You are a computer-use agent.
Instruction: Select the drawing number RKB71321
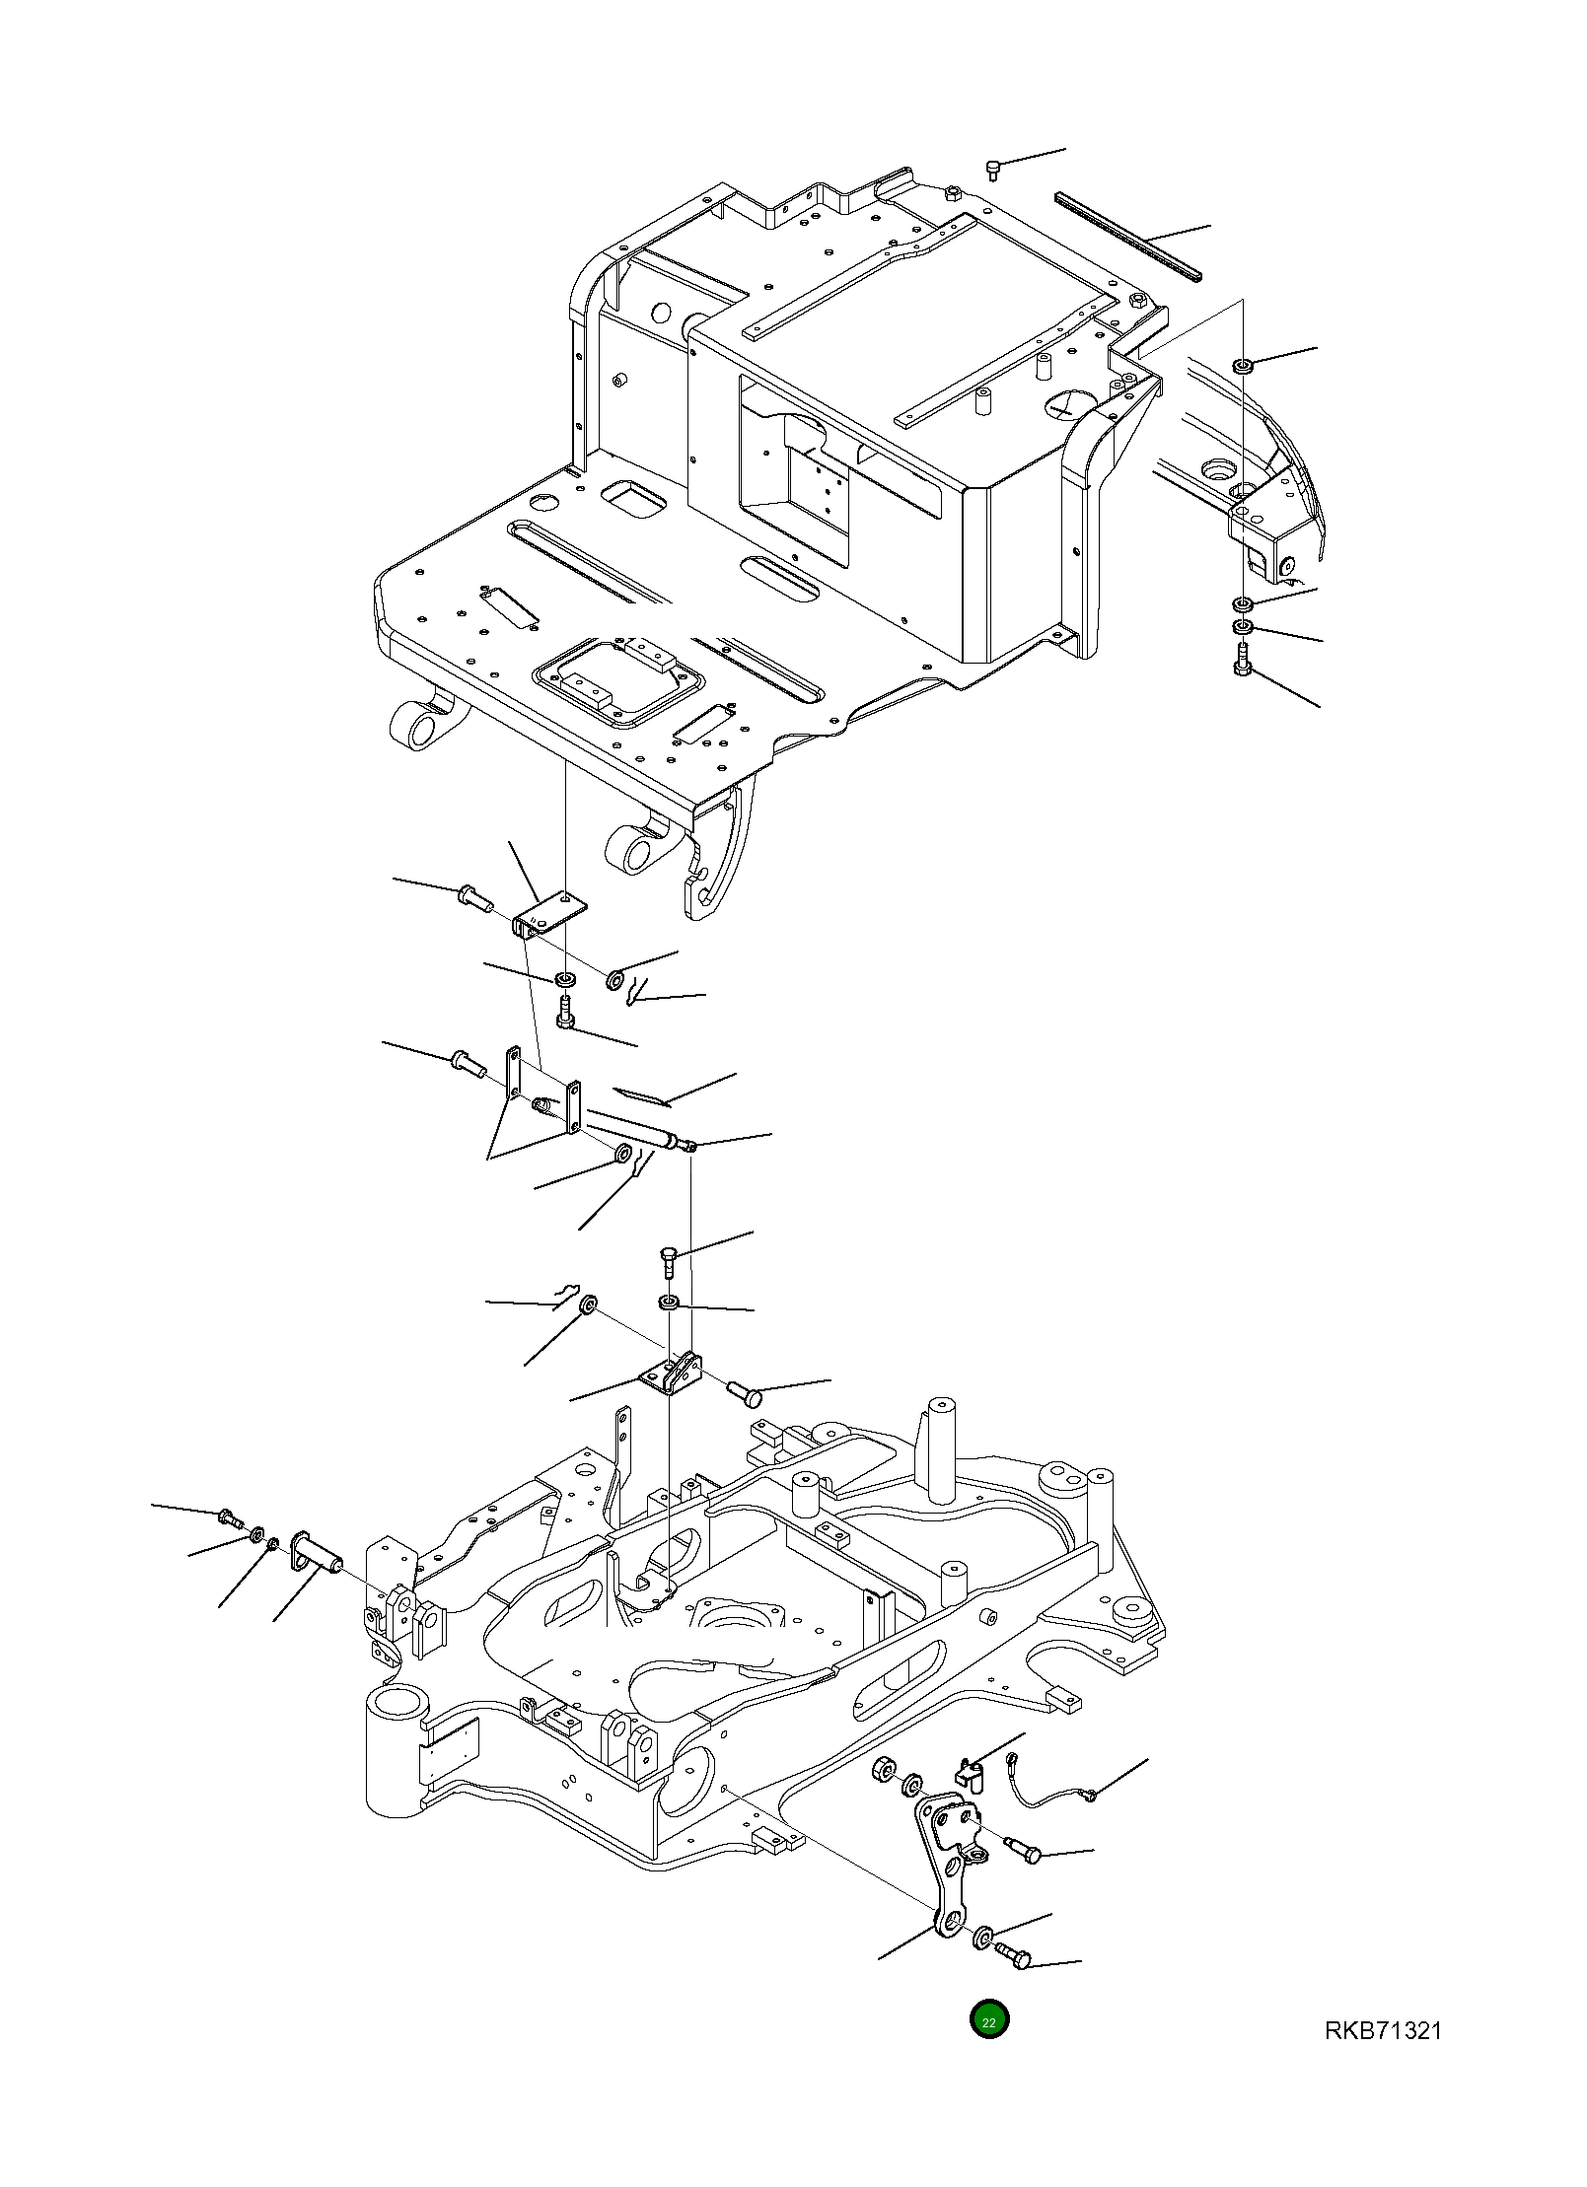coord(1382,2031)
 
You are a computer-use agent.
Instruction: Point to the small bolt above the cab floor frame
coord(993,171)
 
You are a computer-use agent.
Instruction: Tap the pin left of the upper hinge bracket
coord(474,898)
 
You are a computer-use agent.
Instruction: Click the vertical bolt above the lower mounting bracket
coord(668,1260)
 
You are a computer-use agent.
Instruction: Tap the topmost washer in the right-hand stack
coord(1243,367)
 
